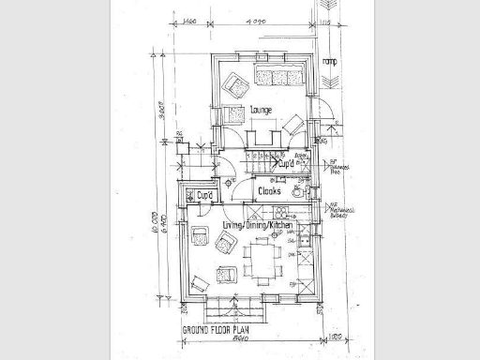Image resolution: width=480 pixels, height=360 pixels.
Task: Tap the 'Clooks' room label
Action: (x=271, y=190)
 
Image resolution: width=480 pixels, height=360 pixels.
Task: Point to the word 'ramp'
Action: (x=328, y=62)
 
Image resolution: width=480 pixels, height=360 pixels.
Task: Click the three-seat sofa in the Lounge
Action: (x=278, y=74)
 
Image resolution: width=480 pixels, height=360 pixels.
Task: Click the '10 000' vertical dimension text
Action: (x=154, y=225)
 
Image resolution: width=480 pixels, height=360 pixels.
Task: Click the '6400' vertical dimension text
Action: (x=165, y=225)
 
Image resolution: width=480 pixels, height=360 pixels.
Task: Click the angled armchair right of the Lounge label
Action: (x=293, y=122)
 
